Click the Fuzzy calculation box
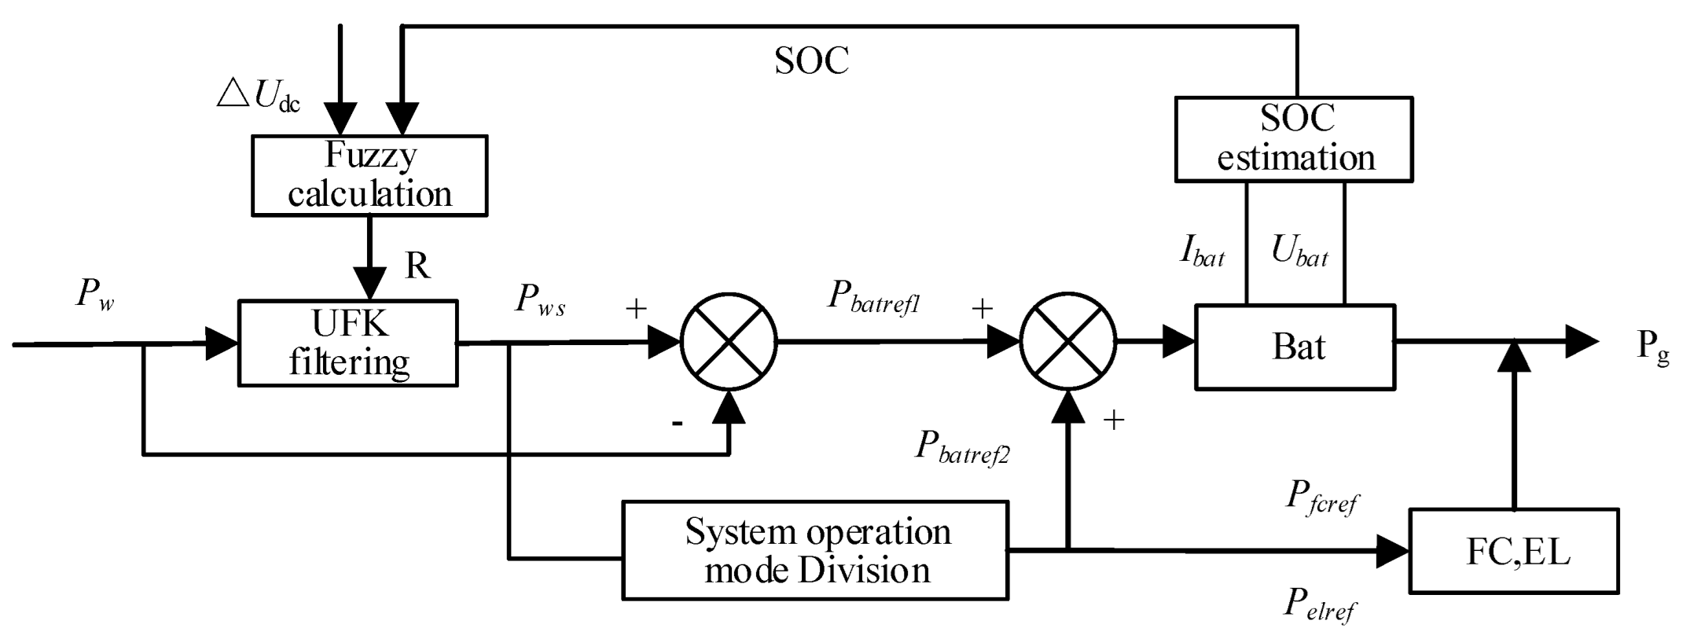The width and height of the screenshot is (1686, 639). point(369,175)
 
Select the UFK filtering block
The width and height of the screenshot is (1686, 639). point(348,343)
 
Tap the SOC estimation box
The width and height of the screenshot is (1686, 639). point(1294,139)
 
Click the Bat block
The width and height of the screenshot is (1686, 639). point(1295,347)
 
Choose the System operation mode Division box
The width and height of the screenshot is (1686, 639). point(815,551)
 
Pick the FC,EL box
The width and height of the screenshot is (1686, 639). point(1514,551)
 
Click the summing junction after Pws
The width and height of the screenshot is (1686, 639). point(729,343)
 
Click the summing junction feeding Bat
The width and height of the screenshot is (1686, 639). point(1067,343)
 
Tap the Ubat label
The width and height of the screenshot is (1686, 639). point(1299,252)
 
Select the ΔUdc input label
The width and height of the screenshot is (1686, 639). point(259,96)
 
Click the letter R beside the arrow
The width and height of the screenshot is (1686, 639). point(417,266)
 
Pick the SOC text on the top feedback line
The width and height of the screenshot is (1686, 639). point(811,61)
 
